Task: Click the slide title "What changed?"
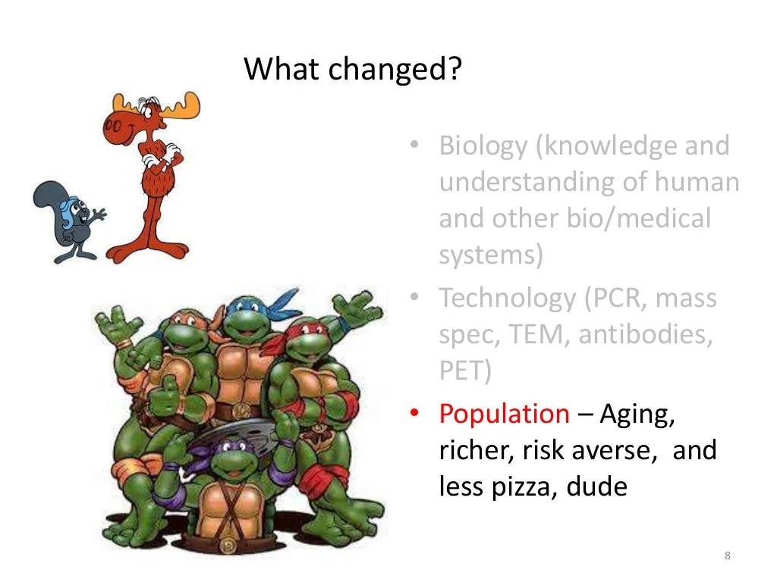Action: tap(352, 70)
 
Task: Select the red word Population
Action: tap(504, 414)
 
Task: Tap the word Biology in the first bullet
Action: tap(483, 145)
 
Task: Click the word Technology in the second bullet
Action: tap(507, 298)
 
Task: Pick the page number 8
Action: tap(727, 557)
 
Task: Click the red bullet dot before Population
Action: tap(414, 415)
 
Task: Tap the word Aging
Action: tap(637, 414)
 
